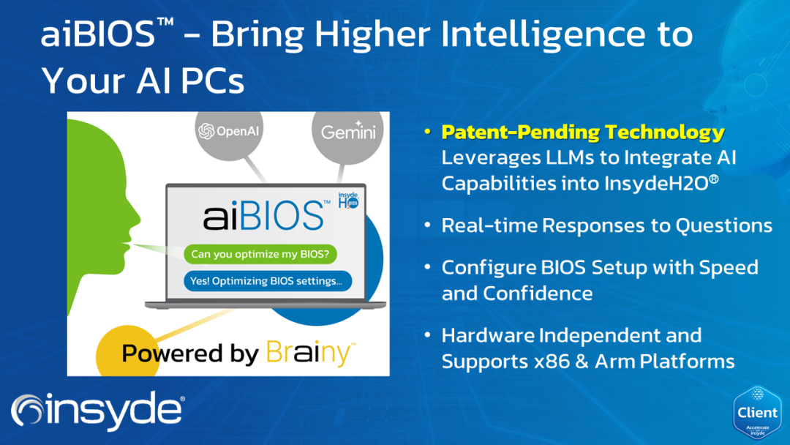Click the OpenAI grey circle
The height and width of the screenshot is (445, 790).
(x=229, y=132)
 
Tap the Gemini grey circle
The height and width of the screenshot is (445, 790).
(x=348, y=132)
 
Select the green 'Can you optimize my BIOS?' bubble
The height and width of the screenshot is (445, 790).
(x=260, y=255)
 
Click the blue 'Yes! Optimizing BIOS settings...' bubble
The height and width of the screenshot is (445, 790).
(x=267, y=280)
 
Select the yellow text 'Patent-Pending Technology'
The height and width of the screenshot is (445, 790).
(x=583, y=133)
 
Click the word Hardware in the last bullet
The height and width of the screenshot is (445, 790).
(x=487, y=336)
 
